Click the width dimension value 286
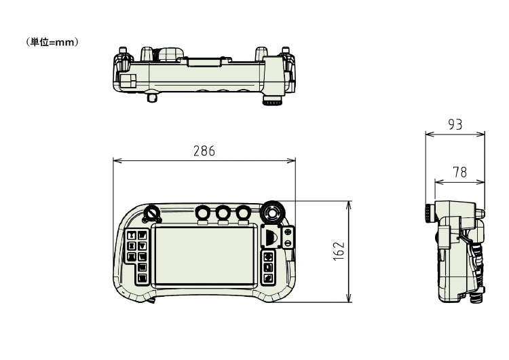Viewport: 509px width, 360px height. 204,151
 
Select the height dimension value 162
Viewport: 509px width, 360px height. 339,251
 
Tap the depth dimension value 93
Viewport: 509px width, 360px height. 455,124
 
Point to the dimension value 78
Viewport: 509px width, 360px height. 459,173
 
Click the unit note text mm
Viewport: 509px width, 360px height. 65,42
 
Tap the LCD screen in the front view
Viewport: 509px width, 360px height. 204,255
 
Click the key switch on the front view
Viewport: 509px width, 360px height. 151,213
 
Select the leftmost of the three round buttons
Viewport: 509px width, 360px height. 203,213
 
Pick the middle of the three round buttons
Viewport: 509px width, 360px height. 223,213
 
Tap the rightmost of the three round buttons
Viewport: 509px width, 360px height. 243,213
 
